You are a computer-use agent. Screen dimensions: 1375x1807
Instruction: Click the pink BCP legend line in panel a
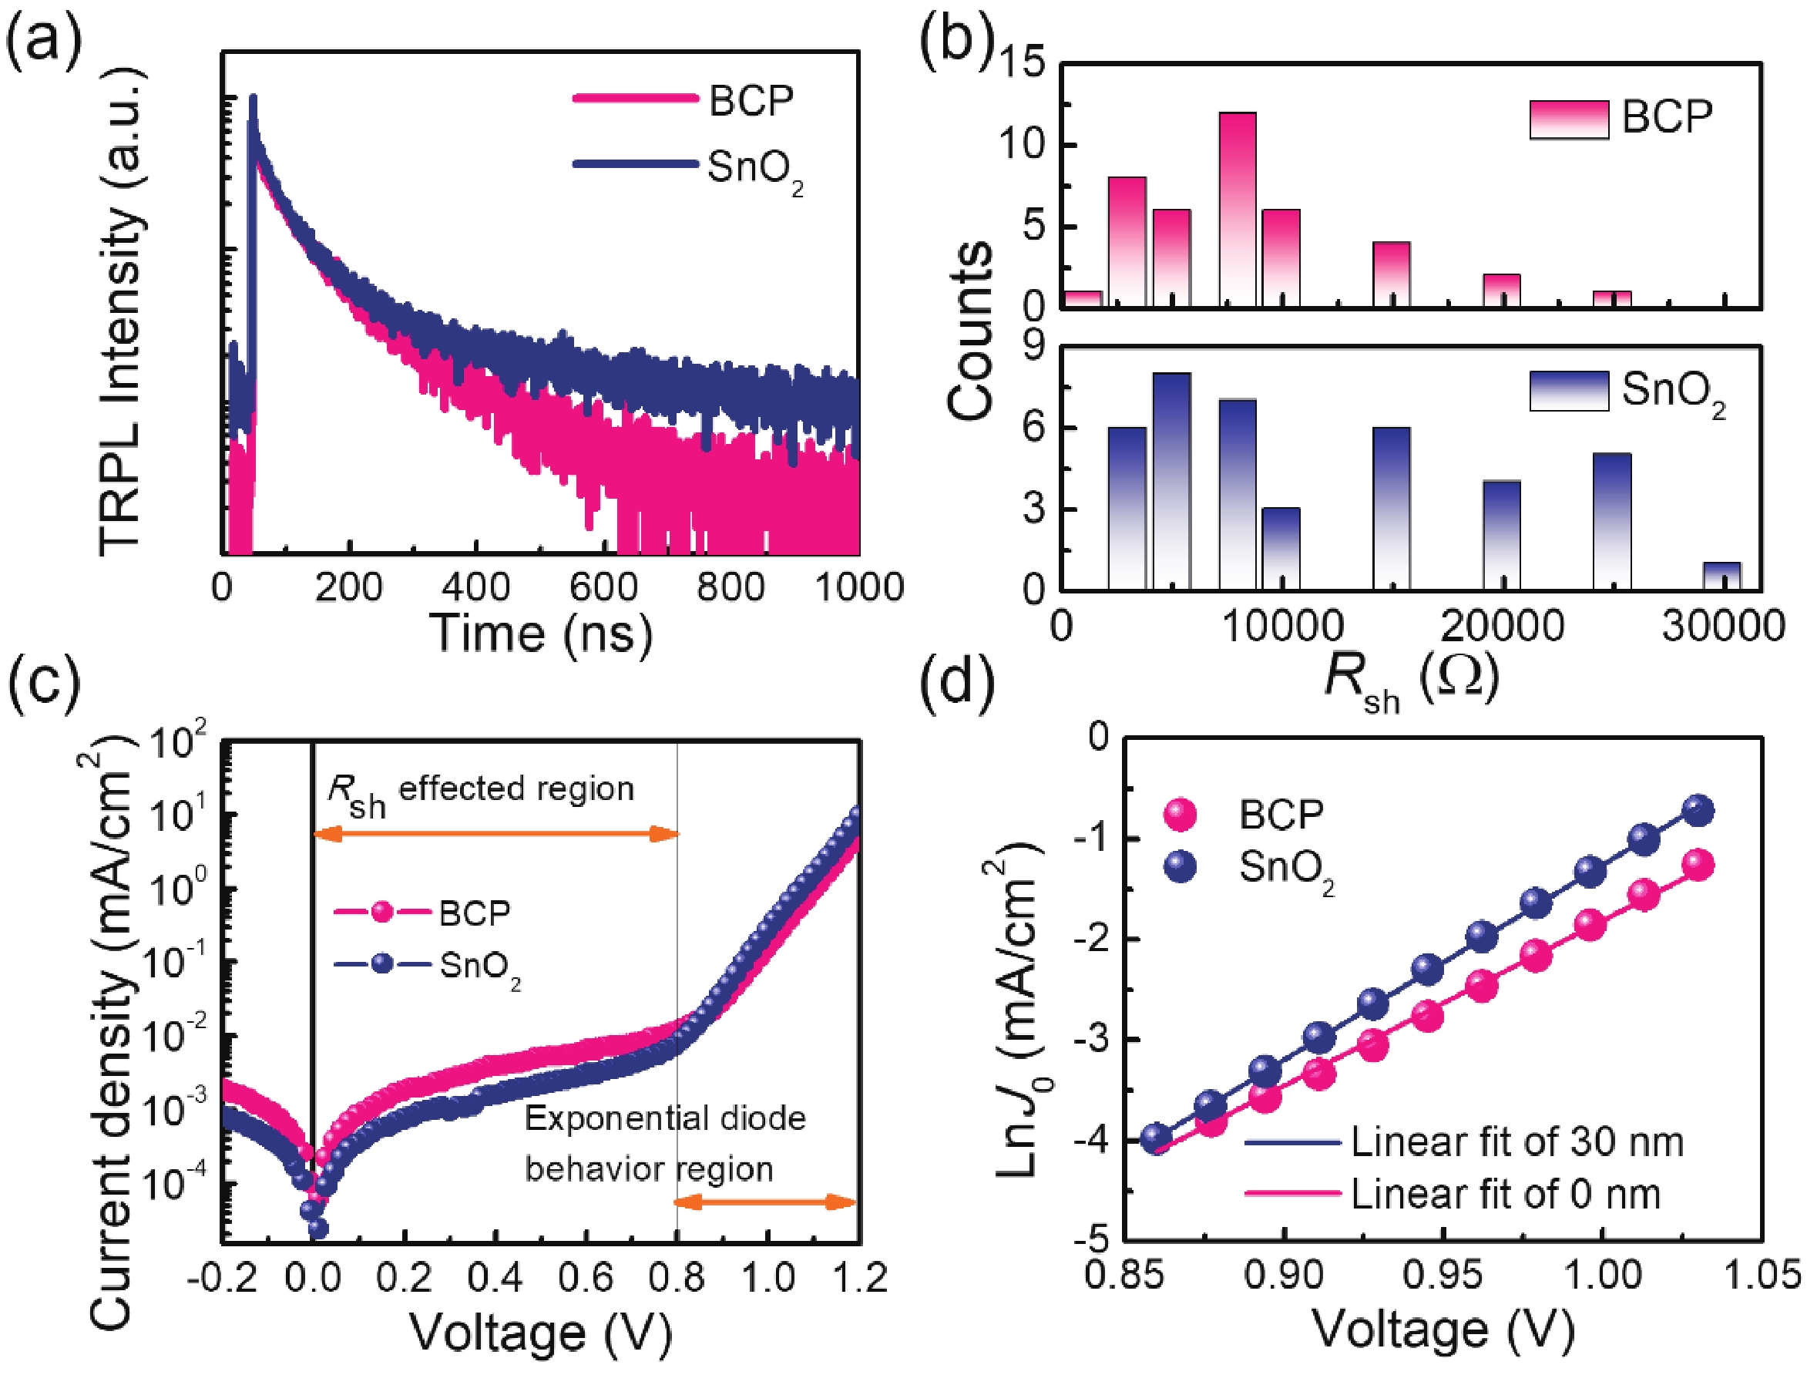pos(635,99)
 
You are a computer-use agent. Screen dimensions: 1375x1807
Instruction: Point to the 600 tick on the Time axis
pos(603,587)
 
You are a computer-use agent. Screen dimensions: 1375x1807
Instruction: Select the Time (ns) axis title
pos(540,633)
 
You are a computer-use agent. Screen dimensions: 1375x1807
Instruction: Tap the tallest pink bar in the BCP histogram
pos(1238,209)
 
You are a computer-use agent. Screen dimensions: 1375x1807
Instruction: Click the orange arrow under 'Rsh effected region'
pos(496,834)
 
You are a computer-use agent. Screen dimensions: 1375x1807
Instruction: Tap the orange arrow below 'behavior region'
pos(764,1202)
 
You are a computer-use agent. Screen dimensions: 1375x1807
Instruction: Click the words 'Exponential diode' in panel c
pos(664,1118)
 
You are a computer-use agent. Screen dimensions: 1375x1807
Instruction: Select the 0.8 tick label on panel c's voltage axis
pos(677,1278)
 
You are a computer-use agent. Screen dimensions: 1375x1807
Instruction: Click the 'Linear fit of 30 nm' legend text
pos(1516,1141)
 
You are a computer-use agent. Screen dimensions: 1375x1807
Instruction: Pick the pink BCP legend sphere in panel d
pos(1179,815)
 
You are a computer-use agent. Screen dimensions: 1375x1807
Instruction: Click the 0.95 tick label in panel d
pos(1442,1275)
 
